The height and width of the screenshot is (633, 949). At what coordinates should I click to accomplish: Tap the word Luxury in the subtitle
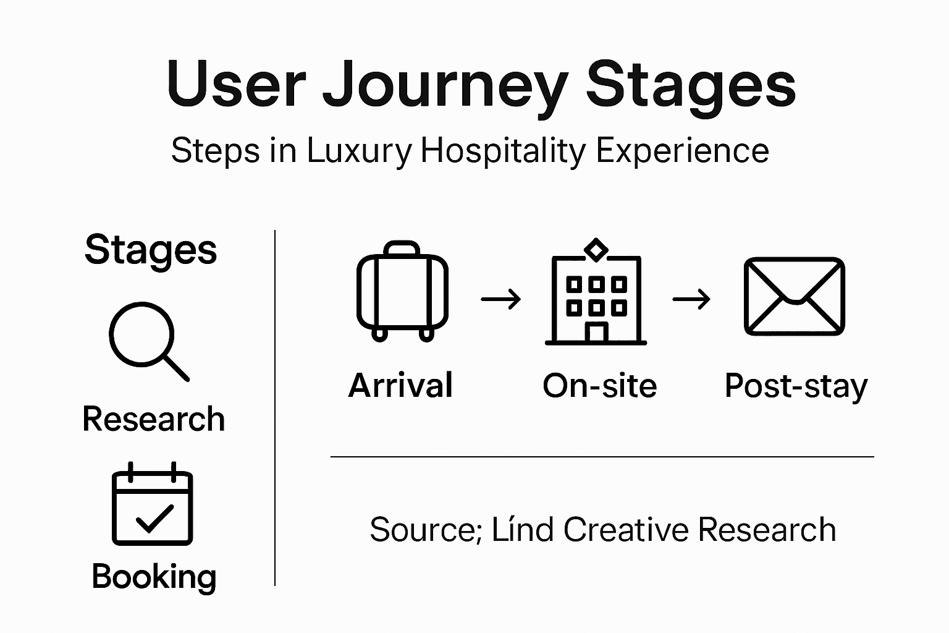tap(358, 151)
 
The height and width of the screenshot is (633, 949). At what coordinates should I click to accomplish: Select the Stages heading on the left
tap(151, 250)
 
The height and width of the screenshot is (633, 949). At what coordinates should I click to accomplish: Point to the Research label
tap(153, 419)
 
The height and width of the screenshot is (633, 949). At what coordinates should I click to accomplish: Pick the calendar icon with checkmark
tap(152, 504)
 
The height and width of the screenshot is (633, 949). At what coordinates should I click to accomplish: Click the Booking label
tap(154, 576)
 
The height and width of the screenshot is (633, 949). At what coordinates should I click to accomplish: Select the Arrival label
tap(400, 385)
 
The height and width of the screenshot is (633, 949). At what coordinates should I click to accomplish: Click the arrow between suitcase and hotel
tap(500, 300)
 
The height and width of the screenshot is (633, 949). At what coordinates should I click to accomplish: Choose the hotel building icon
tap(596, 294)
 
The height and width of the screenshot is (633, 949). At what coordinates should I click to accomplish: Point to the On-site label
tap(599, 385)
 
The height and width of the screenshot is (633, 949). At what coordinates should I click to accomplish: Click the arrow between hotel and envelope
tap(691, 300)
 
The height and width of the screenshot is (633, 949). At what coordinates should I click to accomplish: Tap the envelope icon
tap(794, 297)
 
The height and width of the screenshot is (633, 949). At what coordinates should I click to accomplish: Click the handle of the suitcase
tap(402, 247)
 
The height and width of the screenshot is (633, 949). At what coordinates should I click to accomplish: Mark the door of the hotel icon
tap(596, 333)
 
